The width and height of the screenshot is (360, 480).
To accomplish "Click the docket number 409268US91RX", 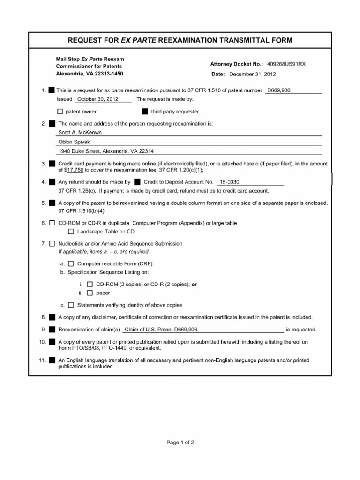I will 286,64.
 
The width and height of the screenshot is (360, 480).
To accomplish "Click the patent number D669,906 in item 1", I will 278,90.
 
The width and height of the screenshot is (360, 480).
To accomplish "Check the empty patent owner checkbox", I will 60,112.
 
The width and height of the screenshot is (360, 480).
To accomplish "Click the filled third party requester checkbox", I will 144,112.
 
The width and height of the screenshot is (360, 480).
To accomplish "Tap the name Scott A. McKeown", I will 80,132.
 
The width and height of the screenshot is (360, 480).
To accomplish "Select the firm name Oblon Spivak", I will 74,142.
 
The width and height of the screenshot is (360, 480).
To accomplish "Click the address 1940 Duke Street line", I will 106,151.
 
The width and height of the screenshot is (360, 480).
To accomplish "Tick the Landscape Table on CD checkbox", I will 71,232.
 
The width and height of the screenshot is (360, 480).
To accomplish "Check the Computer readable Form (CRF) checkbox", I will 71,263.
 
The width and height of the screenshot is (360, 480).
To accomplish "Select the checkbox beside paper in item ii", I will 90,293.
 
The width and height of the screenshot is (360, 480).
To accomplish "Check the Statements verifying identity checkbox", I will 71,305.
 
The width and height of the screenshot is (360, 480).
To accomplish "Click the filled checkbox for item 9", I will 52,330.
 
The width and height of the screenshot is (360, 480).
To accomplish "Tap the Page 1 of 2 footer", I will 180,442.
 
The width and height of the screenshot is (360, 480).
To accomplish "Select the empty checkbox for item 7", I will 52,244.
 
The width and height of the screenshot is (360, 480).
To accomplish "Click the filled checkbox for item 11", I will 52,360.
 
